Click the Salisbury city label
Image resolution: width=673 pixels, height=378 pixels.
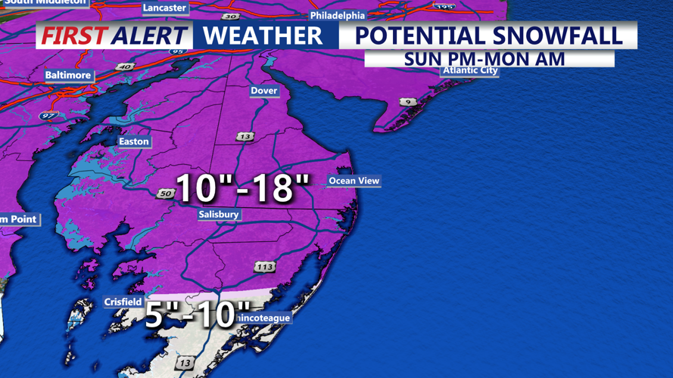click(x=219, y=215)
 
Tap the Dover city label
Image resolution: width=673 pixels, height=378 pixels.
click(x=263, y=91)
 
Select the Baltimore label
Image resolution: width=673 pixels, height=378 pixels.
click(x=68, y=76)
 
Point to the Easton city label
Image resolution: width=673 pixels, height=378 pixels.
click(x=134, y=141)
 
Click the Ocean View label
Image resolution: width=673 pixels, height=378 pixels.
click(x=354, y=181)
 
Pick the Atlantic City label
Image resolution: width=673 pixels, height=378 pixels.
click(x=470, y=71)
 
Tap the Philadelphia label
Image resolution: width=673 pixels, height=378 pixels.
click(x=338, y=16)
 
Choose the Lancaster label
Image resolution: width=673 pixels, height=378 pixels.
click(x=164, y=8)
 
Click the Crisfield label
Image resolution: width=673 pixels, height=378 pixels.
click(x=123, y=302)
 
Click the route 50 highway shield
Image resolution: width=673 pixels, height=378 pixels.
click(x=166, y=194)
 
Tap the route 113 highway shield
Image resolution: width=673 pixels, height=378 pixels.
click(x=264, y=267)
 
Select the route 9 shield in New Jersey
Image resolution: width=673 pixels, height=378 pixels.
click(x=408, y=102)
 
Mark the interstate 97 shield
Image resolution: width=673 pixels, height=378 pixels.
click(x=48, y=116)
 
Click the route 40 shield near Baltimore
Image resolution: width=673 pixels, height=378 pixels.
click(x=125, y=67)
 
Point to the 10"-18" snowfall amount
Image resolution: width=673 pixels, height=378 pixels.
click(x=243, y=187)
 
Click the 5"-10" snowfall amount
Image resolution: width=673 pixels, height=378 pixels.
click(x=197, y=314)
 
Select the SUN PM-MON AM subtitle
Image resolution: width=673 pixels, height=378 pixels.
click(x=484, y=59)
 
